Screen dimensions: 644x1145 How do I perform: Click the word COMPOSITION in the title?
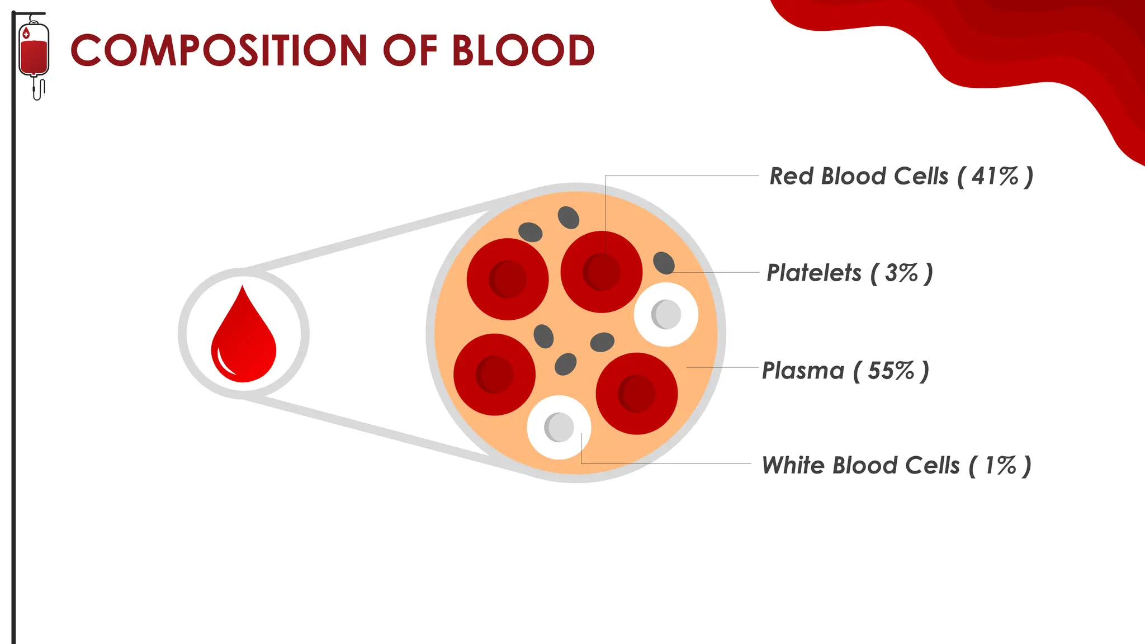coord(219,50)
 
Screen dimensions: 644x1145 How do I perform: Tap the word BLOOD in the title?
coord(523,50)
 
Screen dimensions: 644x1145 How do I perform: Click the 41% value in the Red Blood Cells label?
coord(995,176)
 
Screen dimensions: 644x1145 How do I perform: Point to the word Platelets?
coord(813,273)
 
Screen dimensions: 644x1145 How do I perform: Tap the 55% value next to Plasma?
coord(891,371)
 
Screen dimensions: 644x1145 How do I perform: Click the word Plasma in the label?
coord(803,371)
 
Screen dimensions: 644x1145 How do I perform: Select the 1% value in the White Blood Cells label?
coord(1000,465)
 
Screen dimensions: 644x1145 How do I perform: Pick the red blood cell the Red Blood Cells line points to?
coord(601,272)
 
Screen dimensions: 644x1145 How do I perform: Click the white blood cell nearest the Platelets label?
coord(665,314)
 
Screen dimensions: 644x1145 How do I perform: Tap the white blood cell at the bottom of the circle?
coord(559,427)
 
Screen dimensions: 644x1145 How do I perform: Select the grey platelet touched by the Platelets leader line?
coord(664,263)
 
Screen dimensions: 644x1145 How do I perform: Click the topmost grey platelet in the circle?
coord(568,217)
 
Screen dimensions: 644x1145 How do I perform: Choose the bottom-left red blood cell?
coord(494,375)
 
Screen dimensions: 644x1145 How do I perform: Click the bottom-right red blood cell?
coord(636,394)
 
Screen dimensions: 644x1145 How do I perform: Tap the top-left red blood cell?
coord(507,279)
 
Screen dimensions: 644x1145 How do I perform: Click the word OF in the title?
coord(409,50)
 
